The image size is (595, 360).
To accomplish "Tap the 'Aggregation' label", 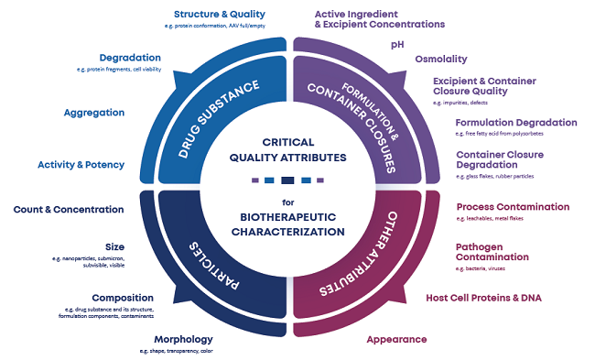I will (x=93, y=113).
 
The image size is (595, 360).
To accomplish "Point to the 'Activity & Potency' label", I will (x=81, y=165).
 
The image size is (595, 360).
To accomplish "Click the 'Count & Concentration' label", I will (x=68, y=209).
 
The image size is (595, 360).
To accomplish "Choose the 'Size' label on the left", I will (x=114, y=246).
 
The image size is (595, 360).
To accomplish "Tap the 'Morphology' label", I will (x=184, y=338).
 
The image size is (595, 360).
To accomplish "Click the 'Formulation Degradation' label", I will (x=515, y=122).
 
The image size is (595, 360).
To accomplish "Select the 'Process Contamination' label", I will (x=512, y=207).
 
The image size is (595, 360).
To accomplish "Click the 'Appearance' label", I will (x=395, y=339).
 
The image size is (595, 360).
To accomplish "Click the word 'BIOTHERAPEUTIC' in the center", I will (x=287, y=218).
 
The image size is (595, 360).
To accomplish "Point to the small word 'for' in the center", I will (x=287, y=201).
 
